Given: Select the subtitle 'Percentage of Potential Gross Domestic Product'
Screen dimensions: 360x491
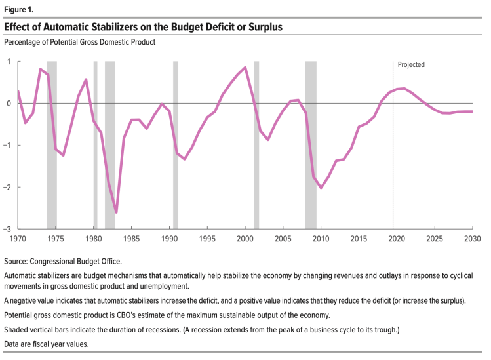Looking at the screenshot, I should (79, 43).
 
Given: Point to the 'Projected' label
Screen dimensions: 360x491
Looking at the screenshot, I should (411, 65).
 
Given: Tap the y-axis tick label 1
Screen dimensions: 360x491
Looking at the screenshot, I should (9, 62).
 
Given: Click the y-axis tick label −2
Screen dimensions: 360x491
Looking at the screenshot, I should (7, 187).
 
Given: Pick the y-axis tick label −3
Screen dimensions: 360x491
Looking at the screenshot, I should (7, 229).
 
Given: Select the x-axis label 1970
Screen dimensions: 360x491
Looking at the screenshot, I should (18, 239).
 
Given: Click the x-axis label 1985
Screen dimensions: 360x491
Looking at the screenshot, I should (131, 239).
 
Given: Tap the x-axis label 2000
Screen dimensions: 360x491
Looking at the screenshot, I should (245, 239).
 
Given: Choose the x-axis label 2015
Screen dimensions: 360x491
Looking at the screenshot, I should (359, 239).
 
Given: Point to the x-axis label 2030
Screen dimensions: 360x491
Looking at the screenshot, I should (472, 239).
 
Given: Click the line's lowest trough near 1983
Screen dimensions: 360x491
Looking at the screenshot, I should (116, 212).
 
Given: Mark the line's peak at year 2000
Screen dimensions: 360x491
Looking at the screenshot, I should (245, 68).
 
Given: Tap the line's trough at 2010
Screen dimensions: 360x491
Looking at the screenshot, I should (321, 188).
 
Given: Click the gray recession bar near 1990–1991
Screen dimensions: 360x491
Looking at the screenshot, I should (176, 144).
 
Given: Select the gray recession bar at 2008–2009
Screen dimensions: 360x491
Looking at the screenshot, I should (311, 144).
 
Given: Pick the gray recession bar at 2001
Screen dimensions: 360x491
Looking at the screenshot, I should (256, 144).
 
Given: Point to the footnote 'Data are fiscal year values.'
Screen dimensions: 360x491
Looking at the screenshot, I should (47, 344).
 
